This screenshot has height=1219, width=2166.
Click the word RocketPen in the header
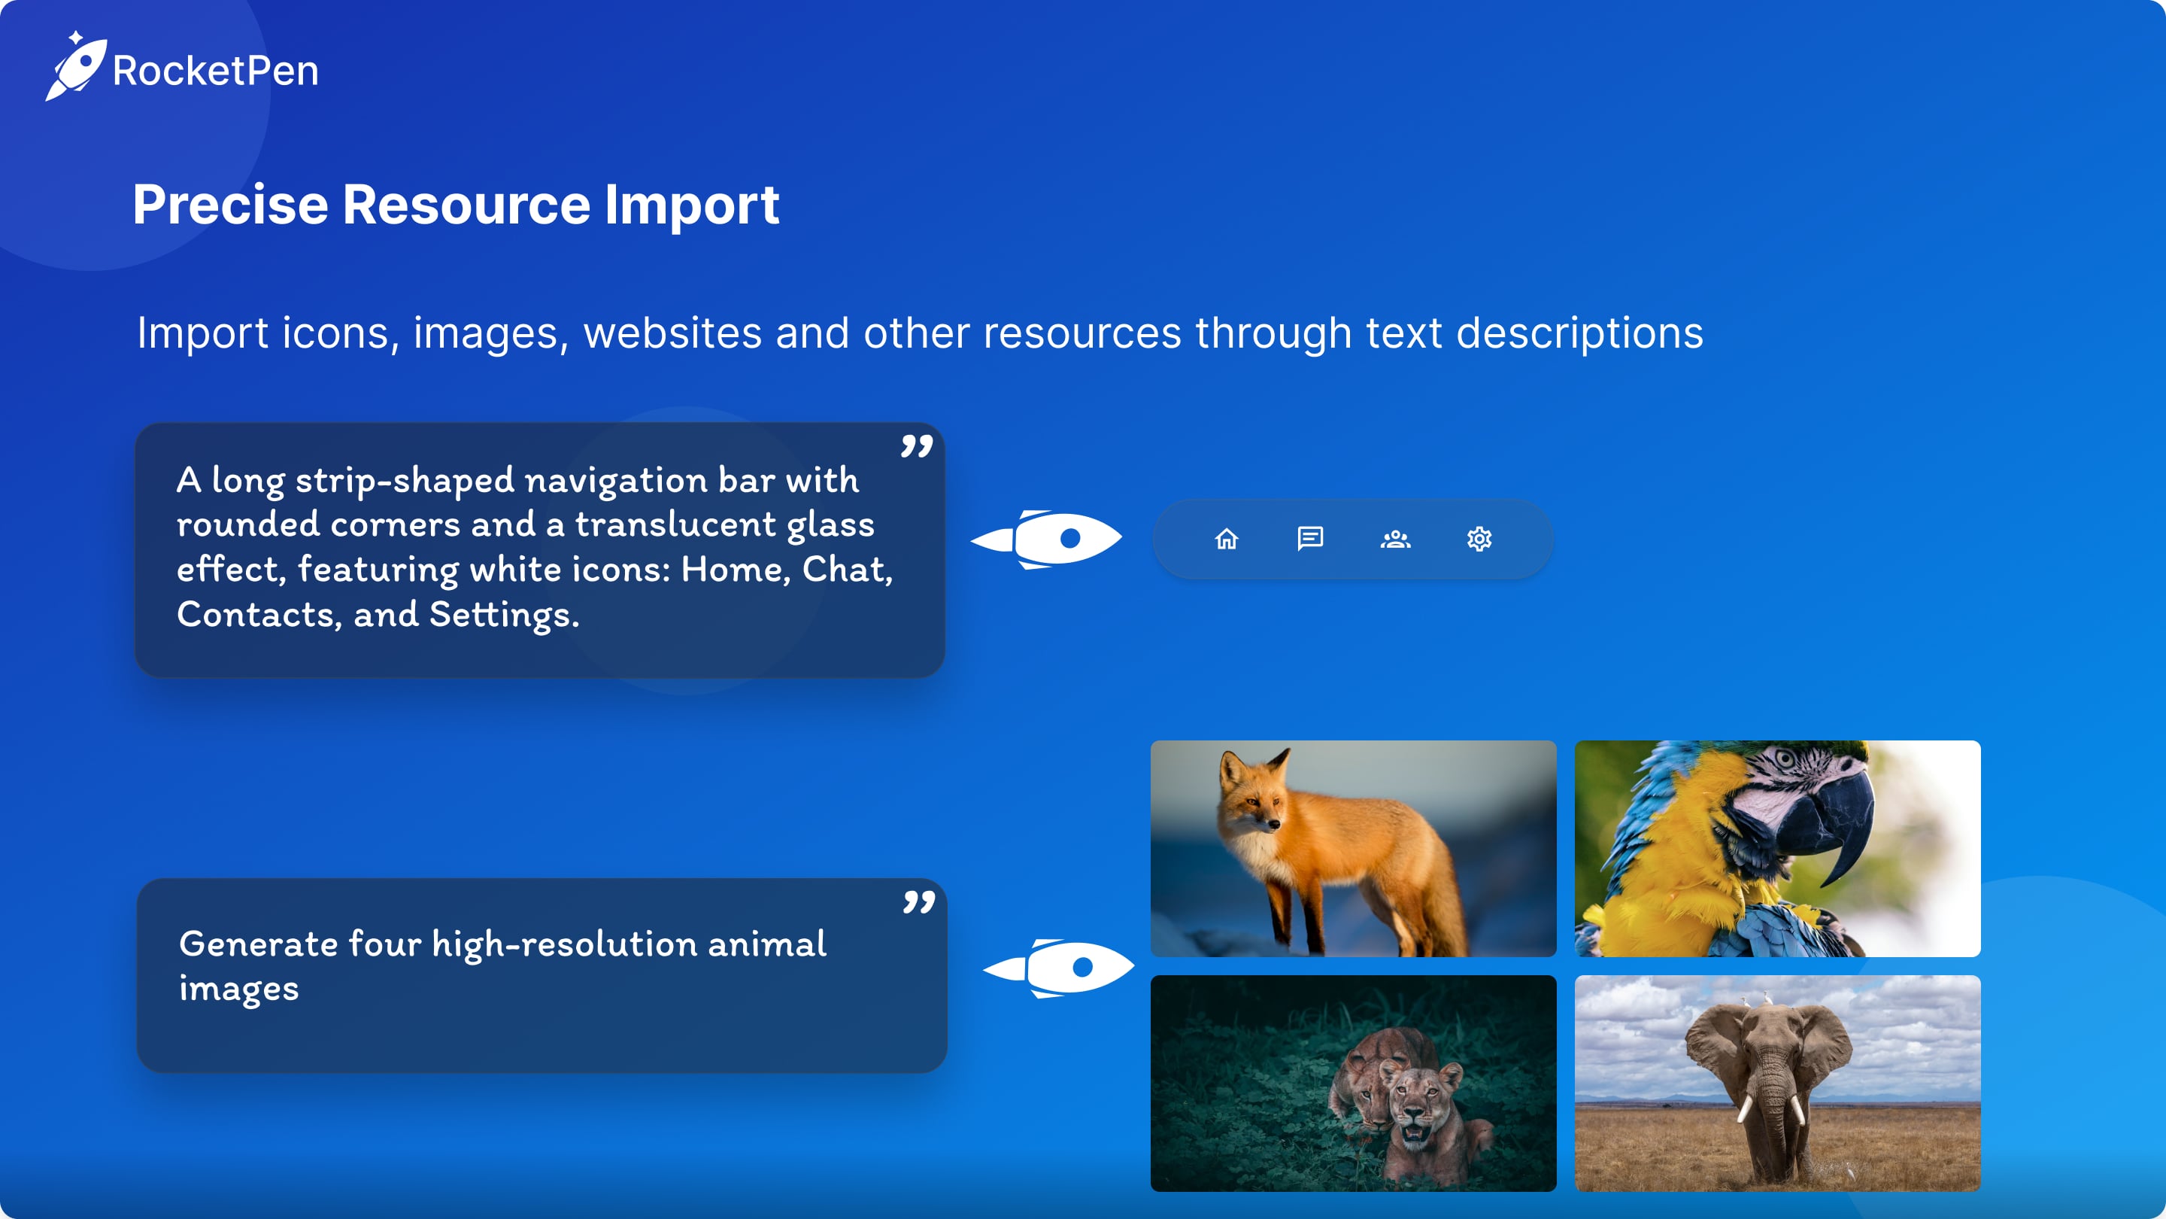(x=216, y=71)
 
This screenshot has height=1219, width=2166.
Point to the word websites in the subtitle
(x=672, y=333)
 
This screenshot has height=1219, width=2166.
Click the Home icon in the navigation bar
(x=1227, y=539)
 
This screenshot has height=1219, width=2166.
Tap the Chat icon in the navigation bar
(x=1310, y=539)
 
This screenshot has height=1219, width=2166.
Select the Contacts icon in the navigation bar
(x=1395, y=539)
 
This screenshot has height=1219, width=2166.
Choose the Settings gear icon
(x=1479, y=539)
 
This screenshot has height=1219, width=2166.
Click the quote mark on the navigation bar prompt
(x=917, y=446)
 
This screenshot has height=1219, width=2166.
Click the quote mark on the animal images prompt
(x=919, y=903)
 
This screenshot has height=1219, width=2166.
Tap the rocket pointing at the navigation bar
(x=1047, y=539)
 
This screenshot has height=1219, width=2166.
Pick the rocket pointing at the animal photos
(x=1060, y=968)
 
